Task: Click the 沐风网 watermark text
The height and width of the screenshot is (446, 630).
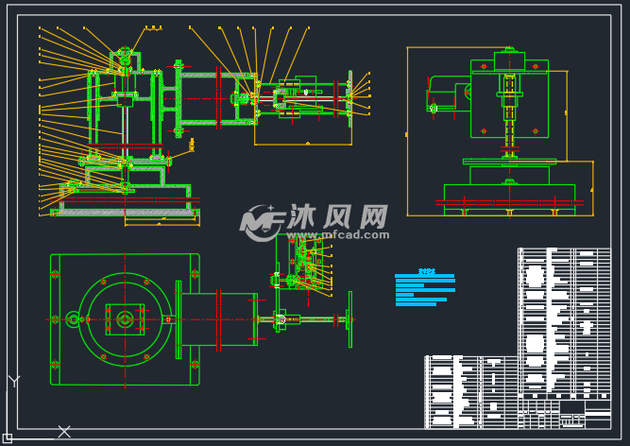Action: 337,216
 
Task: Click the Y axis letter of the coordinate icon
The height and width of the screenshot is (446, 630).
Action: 13,382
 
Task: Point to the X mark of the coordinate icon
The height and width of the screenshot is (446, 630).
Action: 64,432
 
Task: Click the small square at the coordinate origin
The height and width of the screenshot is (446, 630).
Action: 8,437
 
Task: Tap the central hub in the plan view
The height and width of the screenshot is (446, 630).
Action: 124,319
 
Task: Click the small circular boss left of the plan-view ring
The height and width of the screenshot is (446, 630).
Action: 74,319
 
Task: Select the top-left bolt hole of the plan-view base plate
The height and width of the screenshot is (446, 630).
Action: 56,275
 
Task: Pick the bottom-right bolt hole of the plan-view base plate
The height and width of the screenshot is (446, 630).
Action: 193,364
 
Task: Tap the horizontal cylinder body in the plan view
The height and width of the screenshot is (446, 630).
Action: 217,319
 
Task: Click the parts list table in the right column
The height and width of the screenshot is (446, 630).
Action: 564,321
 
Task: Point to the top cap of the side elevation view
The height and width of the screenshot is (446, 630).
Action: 509,59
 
